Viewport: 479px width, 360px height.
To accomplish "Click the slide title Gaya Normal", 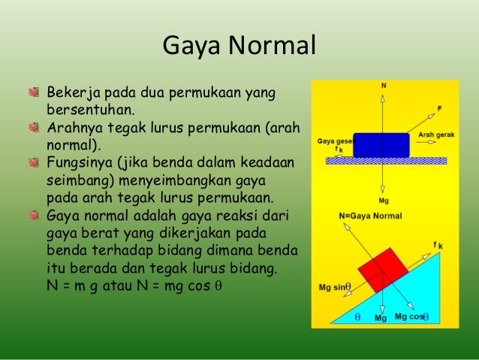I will pos(239,47).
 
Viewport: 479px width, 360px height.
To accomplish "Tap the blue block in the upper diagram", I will pos(382,145).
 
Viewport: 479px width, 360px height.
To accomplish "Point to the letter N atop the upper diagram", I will pos(384,86).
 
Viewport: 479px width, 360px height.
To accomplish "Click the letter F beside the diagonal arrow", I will pos(439,109).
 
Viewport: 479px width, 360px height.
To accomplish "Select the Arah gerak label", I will pos(432,135).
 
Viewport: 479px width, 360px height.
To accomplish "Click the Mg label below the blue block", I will pos(384,201).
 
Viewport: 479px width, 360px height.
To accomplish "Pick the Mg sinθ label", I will pos(336,286).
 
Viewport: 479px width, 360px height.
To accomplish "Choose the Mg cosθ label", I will pos(411,316).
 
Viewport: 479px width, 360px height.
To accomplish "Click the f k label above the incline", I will pos(438,245).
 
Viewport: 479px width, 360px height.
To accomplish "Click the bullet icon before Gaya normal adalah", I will pos(33,216).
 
